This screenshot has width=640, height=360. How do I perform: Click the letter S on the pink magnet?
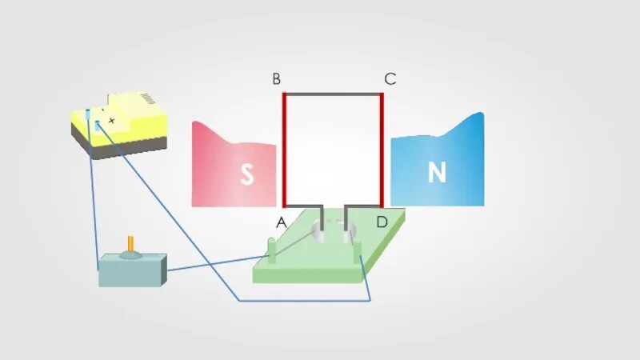click(247, 175)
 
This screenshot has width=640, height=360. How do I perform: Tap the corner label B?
click(276, 79)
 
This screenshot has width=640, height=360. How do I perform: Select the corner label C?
click(390, 79)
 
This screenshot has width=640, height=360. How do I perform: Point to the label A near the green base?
click(281, 223)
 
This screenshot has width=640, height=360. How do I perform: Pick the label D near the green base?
click(382, 222)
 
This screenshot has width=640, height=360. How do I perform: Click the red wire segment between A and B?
click(284, 148)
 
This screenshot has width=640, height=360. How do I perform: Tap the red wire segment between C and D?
click(382, 148)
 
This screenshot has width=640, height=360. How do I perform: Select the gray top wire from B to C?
click(333, 94)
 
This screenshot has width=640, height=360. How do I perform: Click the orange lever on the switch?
click(131, 245)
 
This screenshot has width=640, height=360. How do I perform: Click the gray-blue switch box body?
click(132, 272)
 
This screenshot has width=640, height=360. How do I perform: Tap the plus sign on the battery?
click(112, 121)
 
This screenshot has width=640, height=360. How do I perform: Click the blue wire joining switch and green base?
click(216, 263)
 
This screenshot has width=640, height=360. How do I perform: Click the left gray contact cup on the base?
click(319, 234)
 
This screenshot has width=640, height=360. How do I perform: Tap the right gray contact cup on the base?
click(347, 234)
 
